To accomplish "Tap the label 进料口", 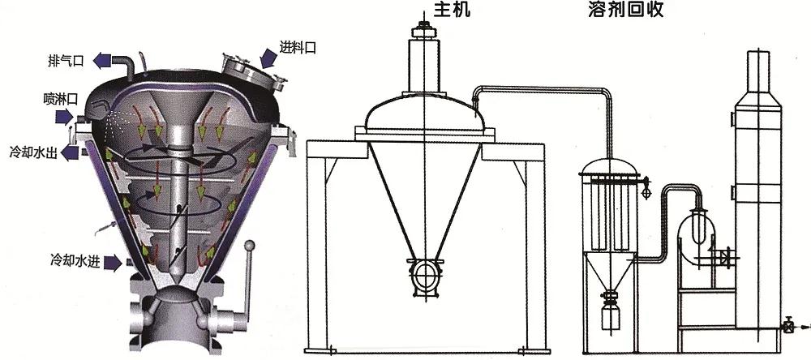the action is [x=298, y=48].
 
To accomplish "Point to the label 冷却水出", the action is [x=33, y=152].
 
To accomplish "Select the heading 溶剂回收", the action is [x=626, y=9].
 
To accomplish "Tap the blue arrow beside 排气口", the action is [x=104, y=61].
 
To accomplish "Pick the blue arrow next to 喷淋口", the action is [x=64, y=118].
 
